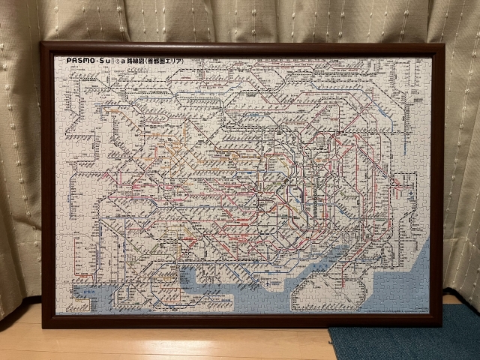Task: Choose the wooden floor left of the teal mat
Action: (225, 343)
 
